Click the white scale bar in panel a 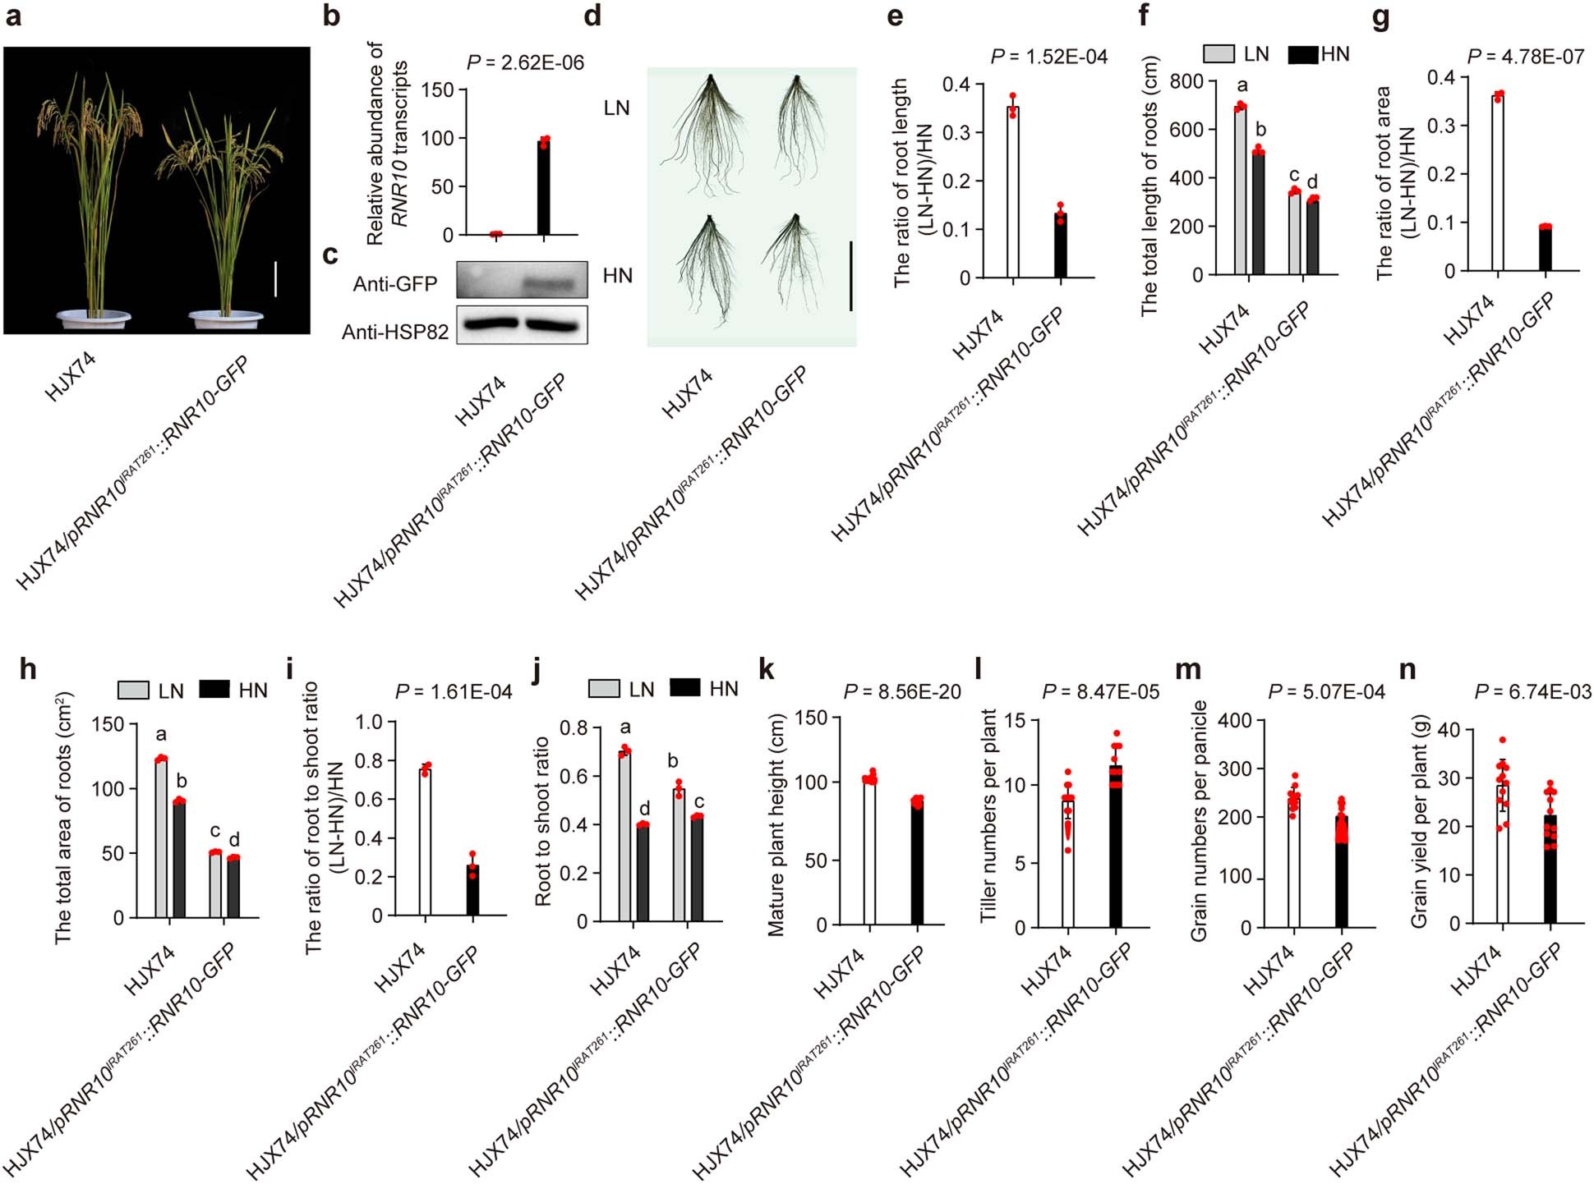pyautogui.click(x=275, y=279)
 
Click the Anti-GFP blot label pyautogui.click(x=394, y=284)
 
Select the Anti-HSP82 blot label pyautogui.click(x=395, y=332)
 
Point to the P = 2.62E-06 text pyautogui.click(x=525, y=62)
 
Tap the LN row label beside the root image pyautogui.click(x=616, y=108)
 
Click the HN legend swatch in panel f pyautogui.click(x=1303, y=54)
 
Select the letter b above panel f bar pyautogui.click(x=1261, y=130)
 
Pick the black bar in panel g pyautogui.click(x=1545, y=249)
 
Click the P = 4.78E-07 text pyautogui.click(x=1525, y=57)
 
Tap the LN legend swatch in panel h pyautogui.click(x=133, y=690)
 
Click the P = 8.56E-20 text pyautogui.click(x=901, y=692)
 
